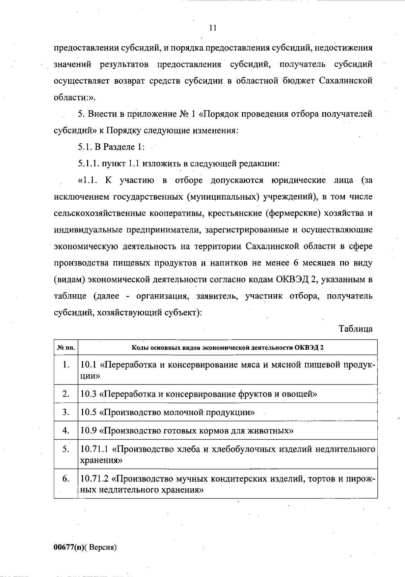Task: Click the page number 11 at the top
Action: [x=213, y=28]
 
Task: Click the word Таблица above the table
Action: [x=356, y=329]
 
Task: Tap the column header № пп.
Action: [x=66, y=348]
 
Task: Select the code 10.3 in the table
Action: [x=89, y=394]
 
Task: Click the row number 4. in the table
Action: [x=66, y=430]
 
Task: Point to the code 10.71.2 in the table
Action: [x=95, y=479]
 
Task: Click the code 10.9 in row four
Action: [x=89, y=431]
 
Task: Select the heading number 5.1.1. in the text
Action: [x=88, y=164]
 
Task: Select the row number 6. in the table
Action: [x=66, y=479]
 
